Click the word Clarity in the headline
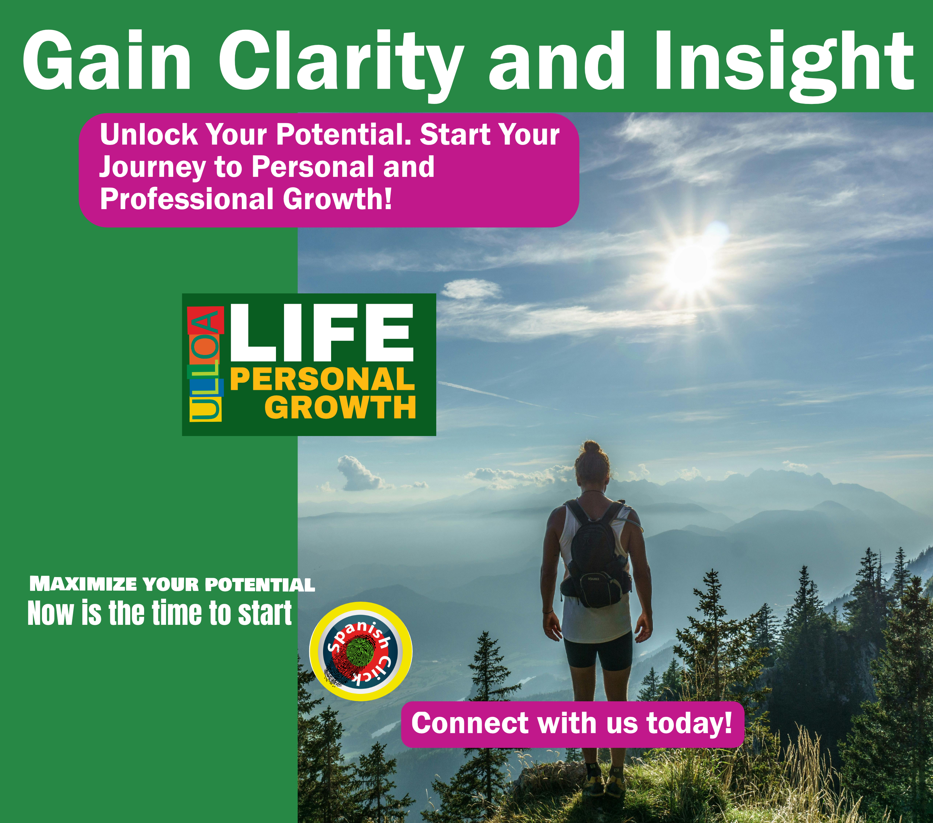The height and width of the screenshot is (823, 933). click(x=340, y=62)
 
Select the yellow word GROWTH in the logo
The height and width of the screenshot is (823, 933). click(x=340, y=407)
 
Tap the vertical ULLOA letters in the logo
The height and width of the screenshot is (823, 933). click(x=205, y=364)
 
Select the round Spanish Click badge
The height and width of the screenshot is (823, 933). click(x=361, y=651)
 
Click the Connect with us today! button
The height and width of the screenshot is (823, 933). click(x=572, y=723)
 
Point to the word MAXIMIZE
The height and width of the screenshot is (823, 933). click(x=83, y=584)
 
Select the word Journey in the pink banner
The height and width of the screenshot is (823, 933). click(x=152, y=167)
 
